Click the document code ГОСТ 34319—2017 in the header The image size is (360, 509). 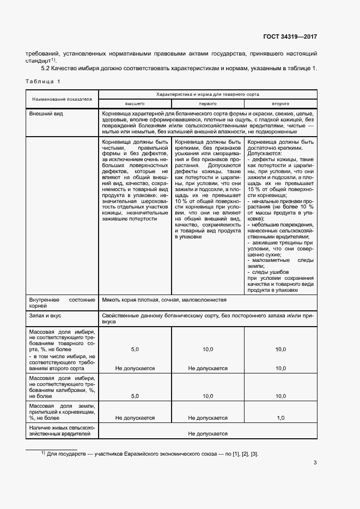pos(290,37)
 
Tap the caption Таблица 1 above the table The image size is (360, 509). pos(43,81)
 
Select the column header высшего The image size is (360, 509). pos(135,103)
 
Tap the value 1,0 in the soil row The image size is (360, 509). pos(280,418)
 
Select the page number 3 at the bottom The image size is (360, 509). pos(315,463)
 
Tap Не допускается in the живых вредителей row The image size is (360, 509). pos(208,433)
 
